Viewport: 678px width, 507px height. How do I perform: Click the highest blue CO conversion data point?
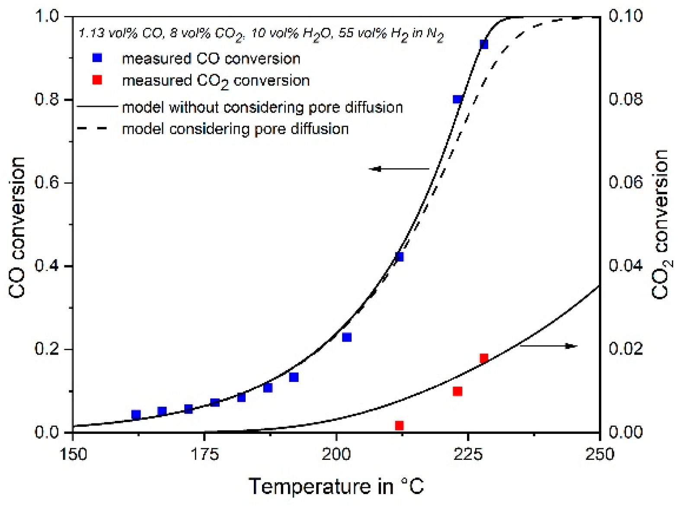[484, 44]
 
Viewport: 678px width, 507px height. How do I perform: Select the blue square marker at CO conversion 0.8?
[457, 99]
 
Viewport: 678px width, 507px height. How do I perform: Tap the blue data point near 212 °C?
[399, 257]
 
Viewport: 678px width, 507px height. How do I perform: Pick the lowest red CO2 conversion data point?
[399, 426]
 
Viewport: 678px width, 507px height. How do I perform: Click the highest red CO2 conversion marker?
[484, 358]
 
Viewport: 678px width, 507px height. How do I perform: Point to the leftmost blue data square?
[136, 414]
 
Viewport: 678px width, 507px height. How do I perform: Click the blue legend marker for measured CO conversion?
[97, 58]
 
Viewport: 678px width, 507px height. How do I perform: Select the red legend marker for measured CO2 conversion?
[97, 80]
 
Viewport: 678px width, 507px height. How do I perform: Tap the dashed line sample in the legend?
[93, 129]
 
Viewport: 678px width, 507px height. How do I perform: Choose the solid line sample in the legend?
[97, 106]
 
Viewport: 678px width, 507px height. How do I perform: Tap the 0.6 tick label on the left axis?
[47, 182]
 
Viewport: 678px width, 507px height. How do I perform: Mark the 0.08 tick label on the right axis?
[625, 99]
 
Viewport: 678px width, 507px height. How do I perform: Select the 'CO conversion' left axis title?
[17, 227]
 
